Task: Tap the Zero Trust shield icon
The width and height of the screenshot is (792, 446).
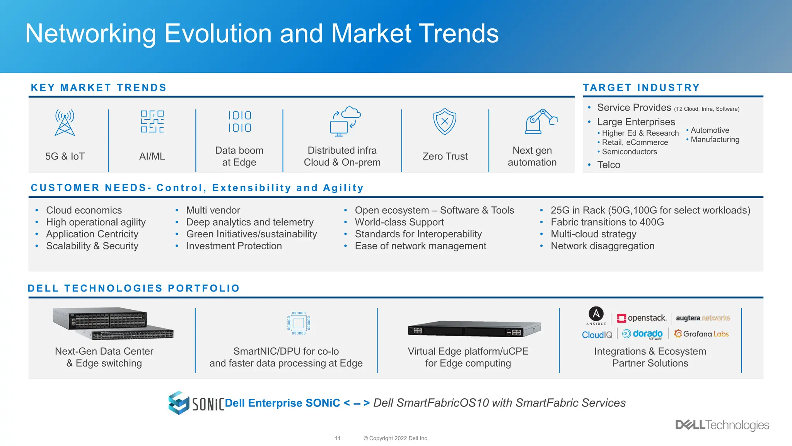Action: [445, 121]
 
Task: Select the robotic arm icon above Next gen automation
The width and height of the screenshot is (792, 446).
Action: [541, 122]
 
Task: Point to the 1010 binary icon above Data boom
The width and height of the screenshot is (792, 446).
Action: [239, 122]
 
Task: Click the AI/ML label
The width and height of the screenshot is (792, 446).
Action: [152, 156]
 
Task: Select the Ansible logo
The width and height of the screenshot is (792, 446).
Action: [596, 315]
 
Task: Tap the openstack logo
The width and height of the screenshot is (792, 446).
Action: [642, 318]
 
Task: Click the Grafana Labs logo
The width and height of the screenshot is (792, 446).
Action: [701, 334]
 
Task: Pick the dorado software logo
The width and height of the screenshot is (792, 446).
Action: [643, 334]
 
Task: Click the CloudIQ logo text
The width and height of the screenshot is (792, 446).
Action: [597, 335]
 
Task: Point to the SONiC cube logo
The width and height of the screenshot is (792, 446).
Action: [179, 403]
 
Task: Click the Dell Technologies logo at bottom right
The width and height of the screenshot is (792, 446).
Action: [722, 425]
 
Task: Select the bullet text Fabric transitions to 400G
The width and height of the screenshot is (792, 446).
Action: [607, 222]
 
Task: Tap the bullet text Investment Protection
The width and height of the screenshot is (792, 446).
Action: [234, 246]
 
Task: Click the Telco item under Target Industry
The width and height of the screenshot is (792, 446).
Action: [608, 165]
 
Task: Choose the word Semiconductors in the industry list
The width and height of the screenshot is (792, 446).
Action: [629, 152]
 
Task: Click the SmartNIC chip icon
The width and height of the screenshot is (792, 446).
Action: [299, 323]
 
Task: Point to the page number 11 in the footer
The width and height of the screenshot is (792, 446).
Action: [338, 438]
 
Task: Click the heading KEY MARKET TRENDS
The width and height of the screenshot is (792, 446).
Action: [99, 87]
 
